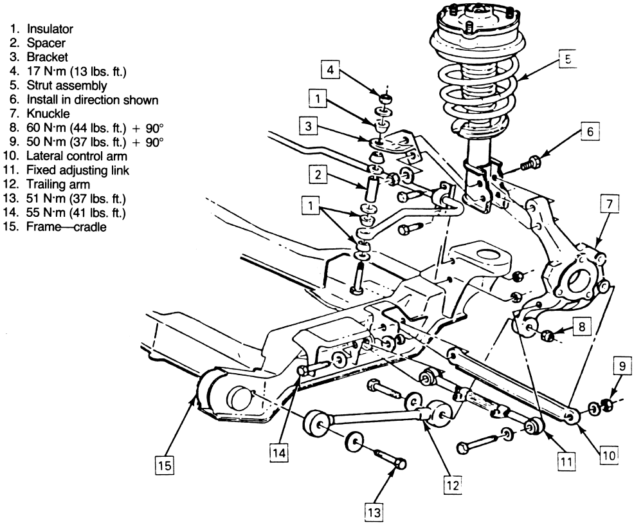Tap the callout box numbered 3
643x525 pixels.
pyautogui.click(x=309, y=127)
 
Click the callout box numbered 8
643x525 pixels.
pyautogui.click(x=580, y=327)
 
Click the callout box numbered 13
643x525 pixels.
pyautogui.click(x=373, y=512)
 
